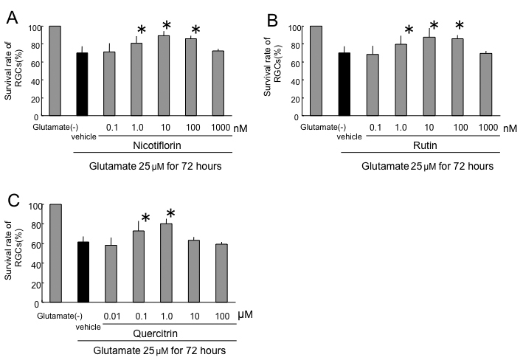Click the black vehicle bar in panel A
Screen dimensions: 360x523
coord(81,84)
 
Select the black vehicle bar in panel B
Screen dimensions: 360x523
coord(343,84)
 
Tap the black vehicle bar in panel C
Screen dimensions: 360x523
coord(83,271)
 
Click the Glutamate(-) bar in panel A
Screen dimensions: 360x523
coord(54,71)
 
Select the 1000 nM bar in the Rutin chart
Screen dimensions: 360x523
coord(485,84)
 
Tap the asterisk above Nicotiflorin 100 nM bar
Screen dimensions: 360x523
coord(195,30)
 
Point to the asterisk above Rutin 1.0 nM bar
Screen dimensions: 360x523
coord(409,31)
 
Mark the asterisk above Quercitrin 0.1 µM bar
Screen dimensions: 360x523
coord(145,218)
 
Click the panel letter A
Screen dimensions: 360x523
coord(13,18)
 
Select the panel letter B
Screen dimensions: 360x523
coord(273,18)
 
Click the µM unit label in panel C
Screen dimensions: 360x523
coord(246,315)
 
